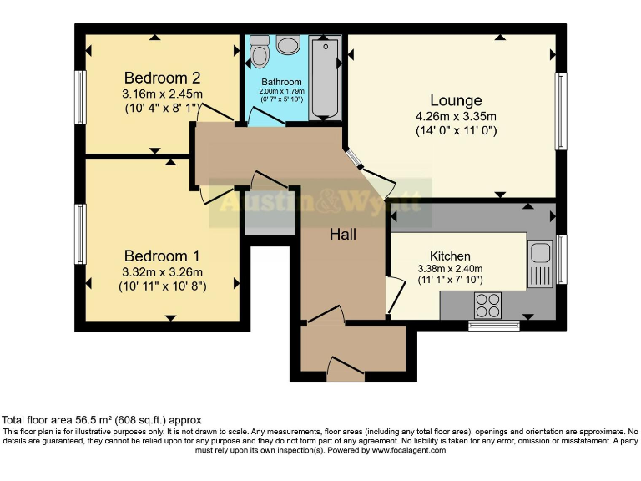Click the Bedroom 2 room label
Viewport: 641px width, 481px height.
point(163,78)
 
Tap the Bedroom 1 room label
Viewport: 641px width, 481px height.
point(163,256)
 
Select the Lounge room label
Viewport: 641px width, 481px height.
point(456,101)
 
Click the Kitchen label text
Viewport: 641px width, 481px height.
point(450,256)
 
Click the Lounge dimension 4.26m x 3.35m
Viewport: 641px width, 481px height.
point(456,116)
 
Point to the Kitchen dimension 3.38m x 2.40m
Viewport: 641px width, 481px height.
point(450,269)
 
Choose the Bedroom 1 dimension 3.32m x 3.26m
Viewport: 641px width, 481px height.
point(163,272)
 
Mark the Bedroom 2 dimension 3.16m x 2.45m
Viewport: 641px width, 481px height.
point(163,94)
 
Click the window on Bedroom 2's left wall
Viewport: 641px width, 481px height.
point(81,95)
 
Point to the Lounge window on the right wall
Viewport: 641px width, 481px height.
point(562,112)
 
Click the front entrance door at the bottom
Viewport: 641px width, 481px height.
point(345,371)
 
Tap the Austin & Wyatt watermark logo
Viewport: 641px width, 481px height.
point(320,203)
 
